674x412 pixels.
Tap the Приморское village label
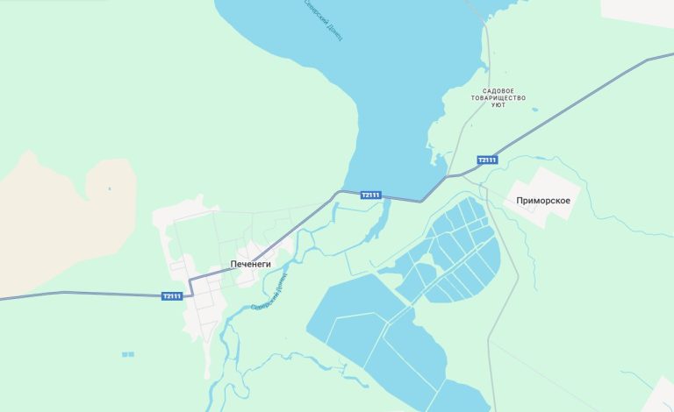click(544, 201)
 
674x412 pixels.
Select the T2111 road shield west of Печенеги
click(172, 296)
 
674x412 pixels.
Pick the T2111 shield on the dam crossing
click(371, 195)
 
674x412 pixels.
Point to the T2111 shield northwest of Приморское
click(487, 160)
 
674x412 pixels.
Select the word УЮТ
click(498, 105)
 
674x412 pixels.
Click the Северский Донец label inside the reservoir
click(324, 19)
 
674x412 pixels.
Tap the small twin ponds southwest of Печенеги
click(128, 354)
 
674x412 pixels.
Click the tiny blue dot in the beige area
click(110, 188)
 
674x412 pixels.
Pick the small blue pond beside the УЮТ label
click(534, 110)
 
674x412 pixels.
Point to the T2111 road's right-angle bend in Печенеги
click(190, 281)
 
